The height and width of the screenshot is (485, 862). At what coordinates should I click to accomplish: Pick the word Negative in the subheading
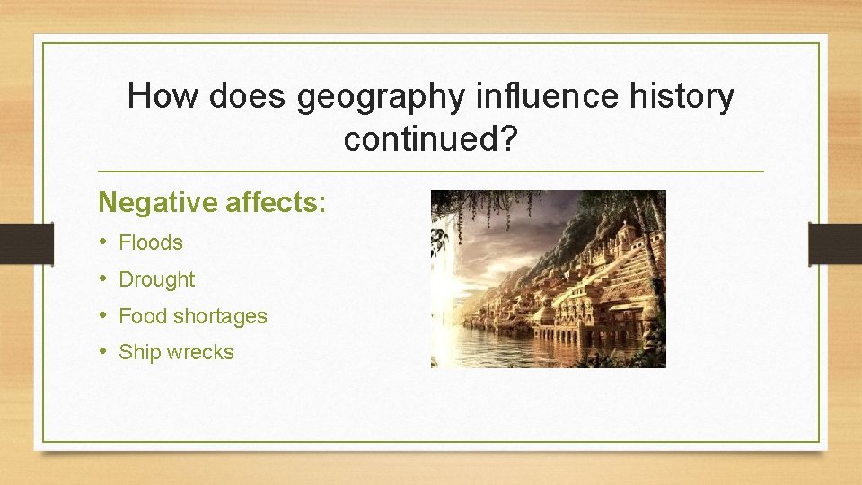pos(158,202)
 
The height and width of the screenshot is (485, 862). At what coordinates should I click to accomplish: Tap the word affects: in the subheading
pos(276,202)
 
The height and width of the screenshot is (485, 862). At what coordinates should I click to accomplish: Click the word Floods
pos(151,242)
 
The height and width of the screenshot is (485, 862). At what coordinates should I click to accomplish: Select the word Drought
pos(157,279)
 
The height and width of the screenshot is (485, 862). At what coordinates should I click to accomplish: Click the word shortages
pos(220,316)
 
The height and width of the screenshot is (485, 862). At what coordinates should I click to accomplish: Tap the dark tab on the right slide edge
pos(835,243)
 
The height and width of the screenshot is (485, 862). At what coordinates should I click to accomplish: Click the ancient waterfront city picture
pos(548,278)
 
